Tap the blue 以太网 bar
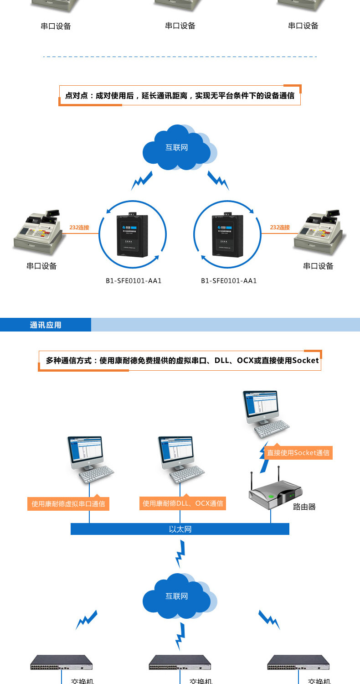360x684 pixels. [x=180, y=529]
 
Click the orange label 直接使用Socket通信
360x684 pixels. [x=298, y=453]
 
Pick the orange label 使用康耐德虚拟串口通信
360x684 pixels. [x=68, y=504]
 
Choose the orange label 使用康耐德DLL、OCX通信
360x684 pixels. [x=183, y=503]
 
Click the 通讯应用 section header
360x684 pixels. [x=46, y=325]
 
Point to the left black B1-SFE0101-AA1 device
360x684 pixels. [x=130, y=235]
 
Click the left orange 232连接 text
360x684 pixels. [x=79, y=227]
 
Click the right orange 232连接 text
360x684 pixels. [x=280, y=227]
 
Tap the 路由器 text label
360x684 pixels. [x=304, y=507]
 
